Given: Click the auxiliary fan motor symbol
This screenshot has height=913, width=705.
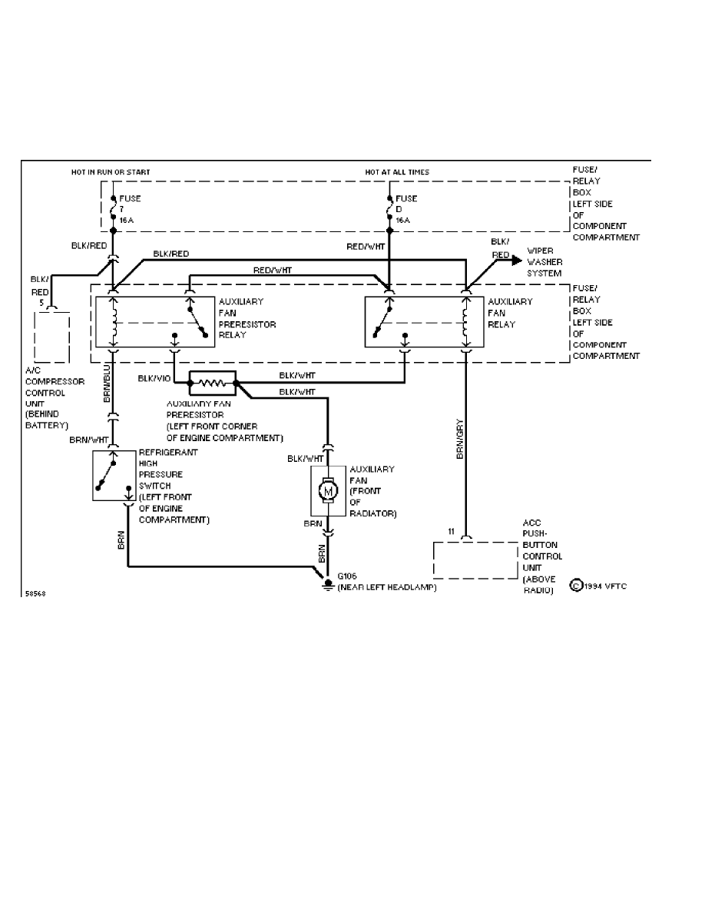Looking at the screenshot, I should [329, 490].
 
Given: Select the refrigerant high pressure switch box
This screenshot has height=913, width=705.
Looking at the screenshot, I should [114, 475].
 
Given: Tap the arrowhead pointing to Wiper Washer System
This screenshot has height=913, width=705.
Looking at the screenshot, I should [515, 261].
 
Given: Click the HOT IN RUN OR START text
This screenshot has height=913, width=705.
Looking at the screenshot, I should [111, 172].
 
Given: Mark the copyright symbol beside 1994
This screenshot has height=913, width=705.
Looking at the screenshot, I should [575, 586].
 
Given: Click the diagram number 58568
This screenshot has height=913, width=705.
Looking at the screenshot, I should [35, 594].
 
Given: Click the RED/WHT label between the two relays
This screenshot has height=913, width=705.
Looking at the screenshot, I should [271, 270].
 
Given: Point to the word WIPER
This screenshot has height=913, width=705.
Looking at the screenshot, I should [540, 251].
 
